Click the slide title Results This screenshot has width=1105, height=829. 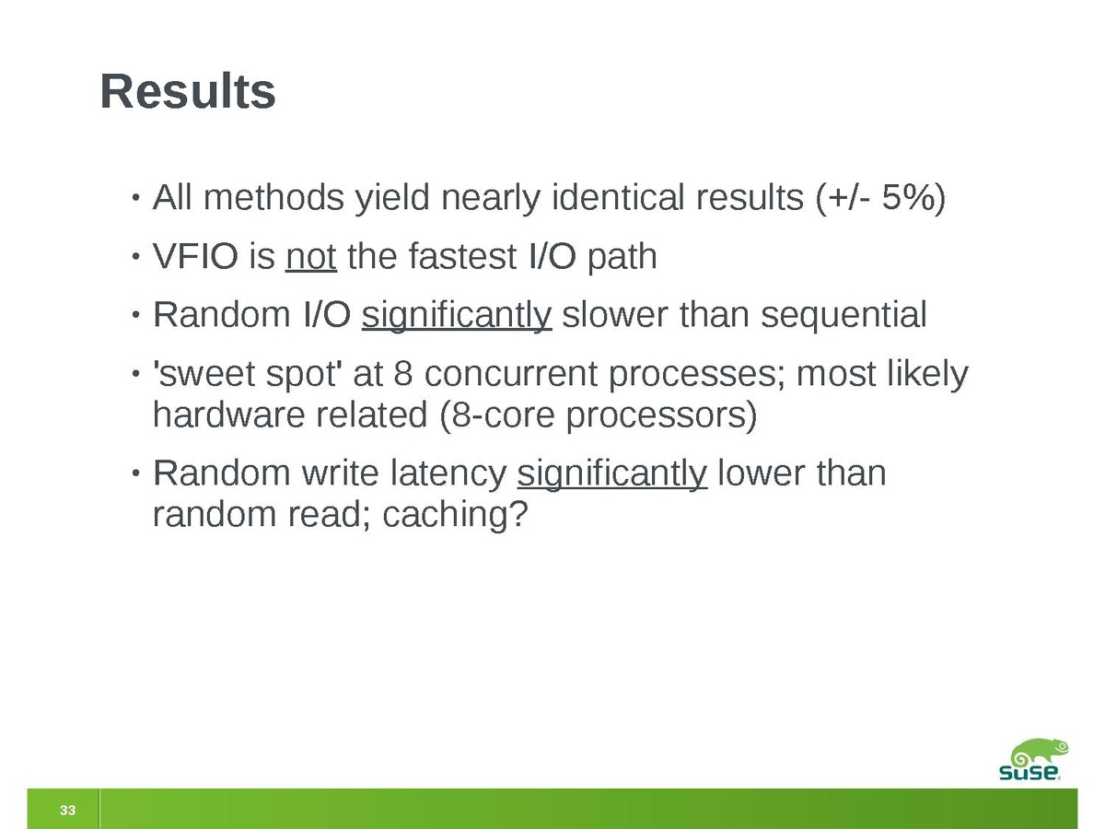coord(188,91)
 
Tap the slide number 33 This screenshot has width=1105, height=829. coord(67,810)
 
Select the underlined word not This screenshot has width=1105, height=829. coord(311,256)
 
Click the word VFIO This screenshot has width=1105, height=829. coord(195,256)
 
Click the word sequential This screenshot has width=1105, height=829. coord(843,316)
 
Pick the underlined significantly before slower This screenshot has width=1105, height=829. coord(457,316)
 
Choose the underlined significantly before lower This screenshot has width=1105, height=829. coord(612,474)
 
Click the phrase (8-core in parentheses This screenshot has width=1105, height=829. coord(497,415)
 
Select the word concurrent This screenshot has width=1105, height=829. coord(511,375)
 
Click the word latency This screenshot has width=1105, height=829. coord(448,474)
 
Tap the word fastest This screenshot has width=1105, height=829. coord(462,256)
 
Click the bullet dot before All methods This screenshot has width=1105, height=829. coord(135,197)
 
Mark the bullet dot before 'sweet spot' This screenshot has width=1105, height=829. coord(135,374)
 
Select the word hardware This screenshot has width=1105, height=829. coord(229,414)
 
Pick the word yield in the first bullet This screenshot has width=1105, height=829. coord(392,198)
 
